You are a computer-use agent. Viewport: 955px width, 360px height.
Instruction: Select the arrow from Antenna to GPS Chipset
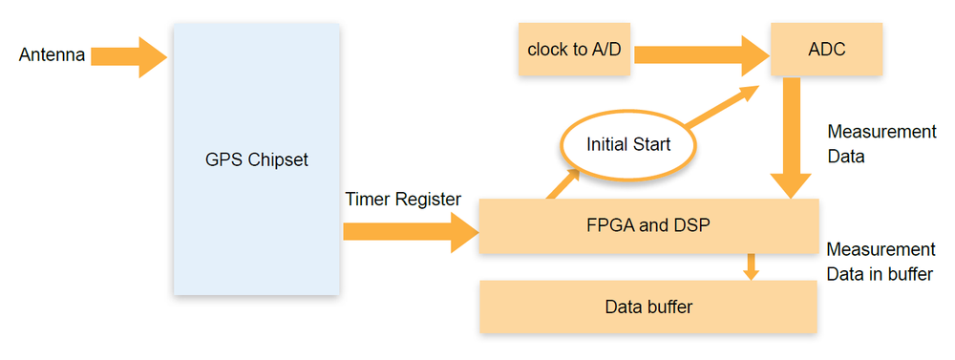pos(129,56)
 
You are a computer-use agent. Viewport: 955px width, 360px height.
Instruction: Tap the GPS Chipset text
pos(255,159)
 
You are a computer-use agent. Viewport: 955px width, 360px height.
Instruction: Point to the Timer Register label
pos(403,199)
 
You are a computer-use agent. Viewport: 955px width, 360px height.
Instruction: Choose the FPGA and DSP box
pos(648,226)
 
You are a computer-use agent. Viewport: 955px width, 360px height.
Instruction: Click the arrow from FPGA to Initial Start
pos(563,183)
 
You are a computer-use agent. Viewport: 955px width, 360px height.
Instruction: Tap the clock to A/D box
pos(575,49)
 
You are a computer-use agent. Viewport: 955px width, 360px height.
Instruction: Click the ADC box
pos(826,49)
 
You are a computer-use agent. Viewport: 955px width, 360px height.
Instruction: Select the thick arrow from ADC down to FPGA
pos(791,138)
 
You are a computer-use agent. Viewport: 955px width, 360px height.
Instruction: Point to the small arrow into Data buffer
pos(752,266)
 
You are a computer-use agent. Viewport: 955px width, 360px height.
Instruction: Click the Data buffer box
pos(648,307)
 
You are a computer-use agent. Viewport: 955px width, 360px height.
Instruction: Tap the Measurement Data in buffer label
pos(880,262)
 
